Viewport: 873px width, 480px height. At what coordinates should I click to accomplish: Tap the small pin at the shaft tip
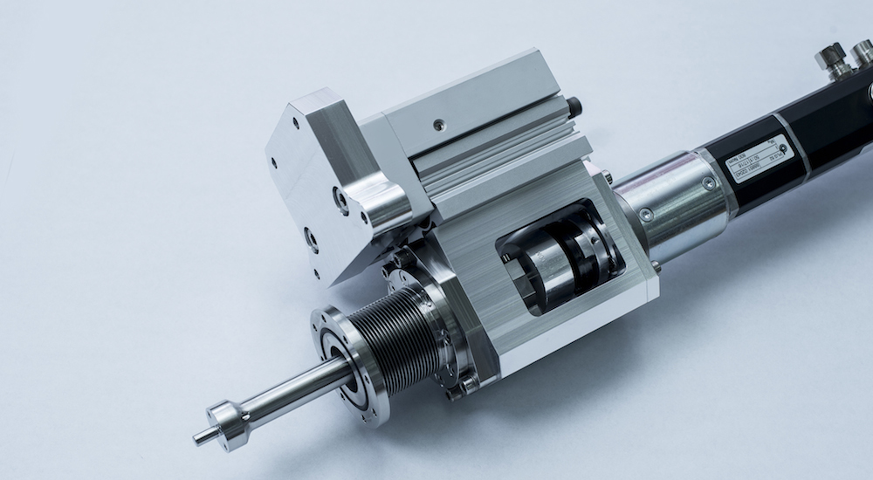pos(200,436)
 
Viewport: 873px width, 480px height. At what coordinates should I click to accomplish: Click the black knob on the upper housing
pos(574,107)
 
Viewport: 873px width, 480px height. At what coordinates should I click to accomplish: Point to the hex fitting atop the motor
pos(834,58)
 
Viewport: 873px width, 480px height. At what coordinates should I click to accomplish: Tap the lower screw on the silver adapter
pos(646,215)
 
